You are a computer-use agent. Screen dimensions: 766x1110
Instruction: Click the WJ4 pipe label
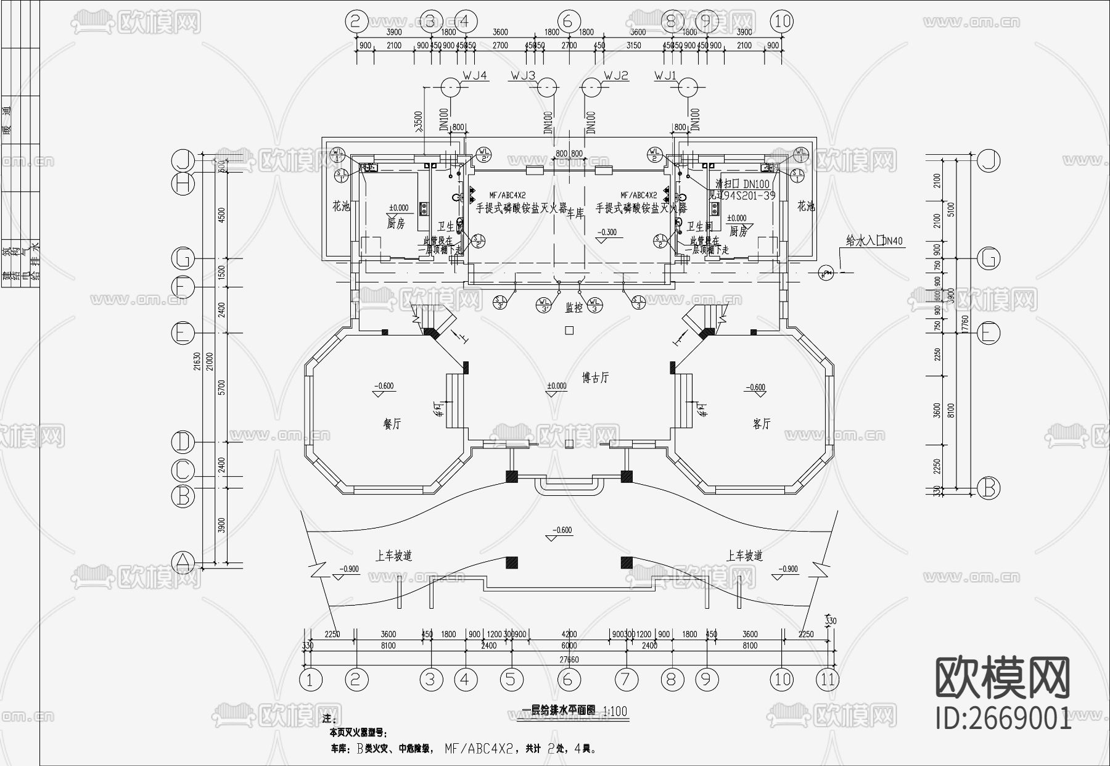click(475, 76)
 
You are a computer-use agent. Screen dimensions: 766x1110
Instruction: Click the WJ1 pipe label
click(665, 76)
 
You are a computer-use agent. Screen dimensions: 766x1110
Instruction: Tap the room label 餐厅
click(392, 424)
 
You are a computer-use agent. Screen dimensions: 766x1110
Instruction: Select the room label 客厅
click(762, 424)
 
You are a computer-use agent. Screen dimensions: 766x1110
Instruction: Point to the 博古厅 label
click(595, 377)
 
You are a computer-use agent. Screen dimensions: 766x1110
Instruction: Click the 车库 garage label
click(575, 214)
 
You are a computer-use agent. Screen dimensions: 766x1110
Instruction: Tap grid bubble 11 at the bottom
click(828, 680)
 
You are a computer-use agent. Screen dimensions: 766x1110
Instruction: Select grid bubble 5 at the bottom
click(511, 680)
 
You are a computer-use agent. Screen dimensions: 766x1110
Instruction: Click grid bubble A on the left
click(183, 562)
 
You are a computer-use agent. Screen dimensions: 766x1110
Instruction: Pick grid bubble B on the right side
click(988, 488)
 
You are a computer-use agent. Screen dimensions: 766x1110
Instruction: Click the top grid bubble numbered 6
click(569, 22)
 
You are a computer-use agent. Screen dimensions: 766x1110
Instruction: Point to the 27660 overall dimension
click(569, 659)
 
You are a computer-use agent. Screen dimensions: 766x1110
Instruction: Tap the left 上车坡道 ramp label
click(393, 556)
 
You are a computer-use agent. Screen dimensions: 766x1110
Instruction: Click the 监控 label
click(575, 306)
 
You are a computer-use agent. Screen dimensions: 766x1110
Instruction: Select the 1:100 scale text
click(614, 711)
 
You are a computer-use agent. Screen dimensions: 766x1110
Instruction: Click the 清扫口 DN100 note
click(742, 184)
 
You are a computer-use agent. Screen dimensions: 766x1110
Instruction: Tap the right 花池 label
click(805, 207)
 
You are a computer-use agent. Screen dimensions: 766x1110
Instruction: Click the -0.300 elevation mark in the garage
click(607, 233)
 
